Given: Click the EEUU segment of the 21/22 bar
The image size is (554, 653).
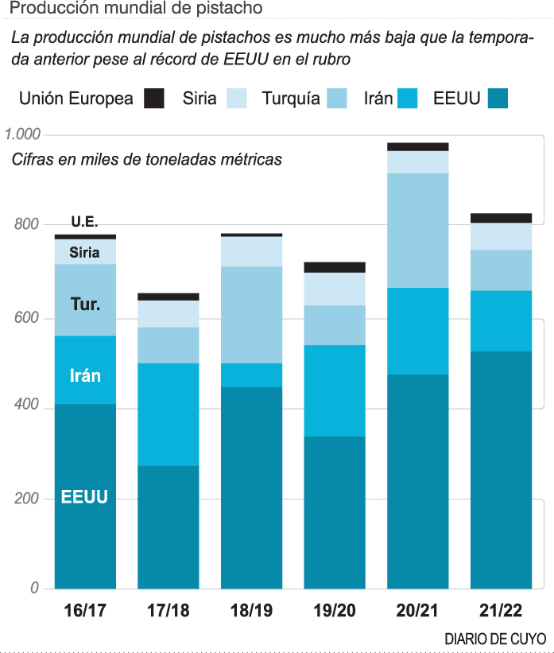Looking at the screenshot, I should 501,469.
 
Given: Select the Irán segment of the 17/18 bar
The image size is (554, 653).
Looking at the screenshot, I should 169,414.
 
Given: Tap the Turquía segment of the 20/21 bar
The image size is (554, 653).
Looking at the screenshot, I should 418,230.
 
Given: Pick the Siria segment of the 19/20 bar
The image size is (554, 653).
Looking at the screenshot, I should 335,289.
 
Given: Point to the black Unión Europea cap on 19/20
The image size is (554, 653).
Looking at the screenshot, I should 335,267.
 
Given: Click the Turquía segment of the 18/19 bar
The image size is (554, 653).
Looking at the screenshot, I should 251,314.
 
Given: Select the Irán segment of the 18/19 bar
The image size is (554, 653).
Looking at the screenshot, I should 251,375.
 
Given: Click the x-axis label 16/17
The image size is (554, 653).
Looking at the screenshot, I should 85,611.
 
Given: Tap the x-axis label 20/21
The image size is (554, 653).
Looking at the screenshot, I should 417,611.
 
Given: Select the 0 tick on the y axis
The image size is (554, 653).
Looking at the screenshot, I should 35,588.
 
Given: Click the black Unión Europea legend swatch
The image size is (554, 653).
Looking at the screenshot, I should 154,99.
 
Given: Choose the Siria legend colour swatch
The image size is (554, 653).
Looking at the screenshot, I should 237,99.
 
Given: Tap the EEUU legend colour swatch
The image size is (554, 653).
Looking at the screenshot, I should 498,99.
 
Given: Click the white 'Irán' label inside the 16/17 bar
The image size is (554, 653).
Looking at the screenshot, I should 85,375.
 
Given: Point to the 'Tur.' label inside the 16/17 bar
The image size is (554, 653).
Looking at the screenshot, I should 85,304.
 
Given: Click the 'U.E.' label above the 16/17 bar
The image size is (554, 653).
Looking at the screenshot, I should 84,222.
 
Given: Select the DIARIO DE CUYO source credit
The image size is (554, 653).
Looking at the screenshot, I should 495,639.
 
